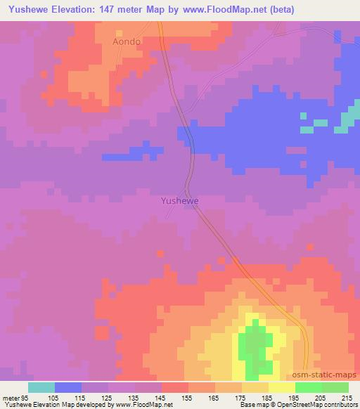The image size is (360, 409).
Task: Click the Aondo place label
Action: point(127,42)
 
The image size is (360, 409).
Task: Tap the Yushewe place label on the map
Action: point(180,200)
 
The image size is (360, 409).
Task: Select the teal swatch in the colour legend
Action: point(41,387)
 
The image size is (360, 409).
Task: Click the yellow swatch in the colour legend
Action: point(282,387)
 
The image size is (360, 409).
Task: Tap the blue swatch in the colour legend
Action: point(68,387)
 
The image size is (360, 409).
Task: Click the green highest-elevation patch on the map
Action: point(255,348)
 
